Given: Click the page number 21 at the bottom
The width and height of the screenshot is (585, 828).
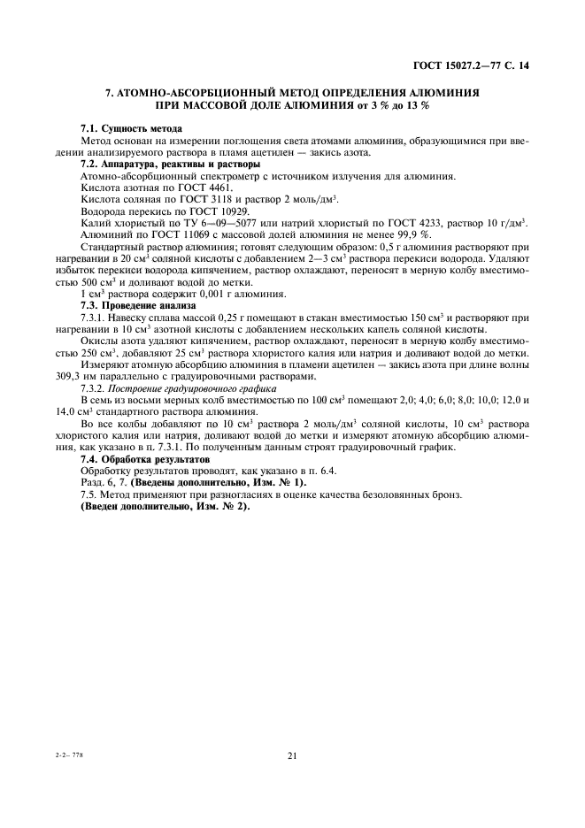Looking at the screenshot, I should (291, 755).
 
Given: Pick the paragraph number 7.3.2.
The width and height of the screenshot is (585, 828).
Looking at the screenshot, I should (94, 387).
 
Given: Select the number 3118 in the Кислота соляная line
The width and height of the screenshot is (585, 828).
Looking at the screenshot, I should (223, 200).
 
